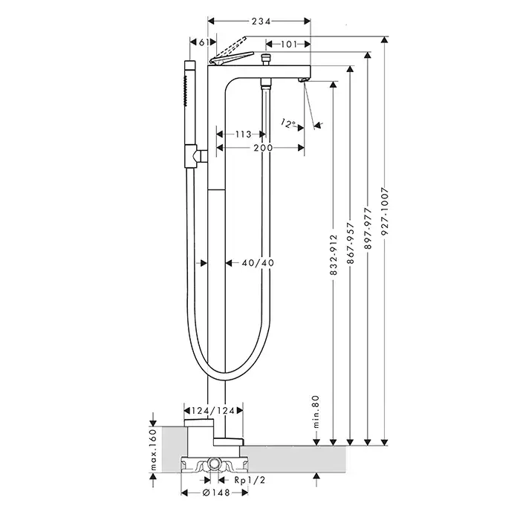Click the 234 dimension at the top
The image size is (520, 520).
259,22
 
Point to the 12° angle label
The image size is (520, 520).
289,123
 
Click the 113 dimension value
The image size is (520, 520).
241,134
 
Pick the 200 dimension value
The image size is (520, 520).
261,148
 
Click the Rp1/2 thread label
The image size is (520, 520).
250,481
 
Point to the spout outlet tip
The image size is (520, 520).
303,79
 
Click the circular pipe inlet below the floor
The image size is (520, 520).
215,465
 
